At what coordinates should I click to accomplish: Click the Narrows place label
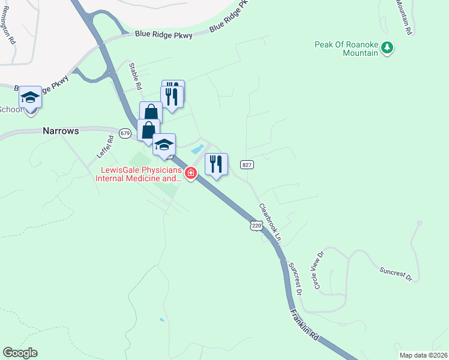tap(61, 131)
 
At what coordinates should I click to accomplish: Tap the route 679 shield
tap(124, 133)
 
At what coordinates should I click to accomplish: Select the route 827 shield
tap(247, 164)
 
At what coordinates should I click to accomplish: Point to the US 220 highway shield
tap(256, 226)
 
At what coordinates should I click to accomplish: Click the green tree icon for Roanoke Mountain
tap(387, 48)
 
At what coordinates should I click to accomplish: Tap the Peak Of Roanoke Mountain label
tap(348, 49)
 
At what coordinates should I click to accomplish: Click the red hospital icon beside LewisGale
tap(191, 173)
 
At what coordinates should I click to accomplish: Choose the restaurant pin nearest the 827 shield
tap(217, 163)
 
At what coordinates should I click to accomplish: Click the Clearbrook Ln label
tap(270, 222)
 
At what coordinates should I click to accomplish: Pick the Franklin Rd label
tap(304, 325)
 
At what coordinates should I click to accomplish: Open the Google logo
tap(20, 353)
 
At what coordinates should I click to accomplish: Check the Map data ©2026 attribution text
tap(423, 355)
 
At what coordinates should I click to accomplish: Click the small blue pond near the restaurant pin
tap(196, 148)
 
